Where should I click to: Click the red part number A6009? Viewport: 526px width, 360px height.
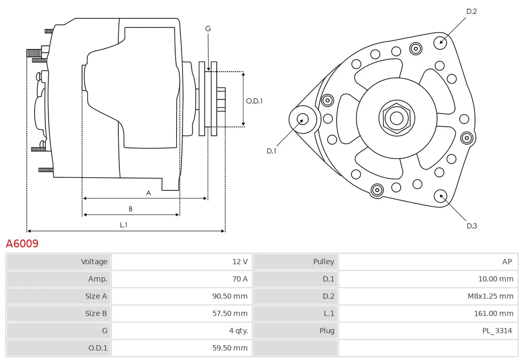point(22,244)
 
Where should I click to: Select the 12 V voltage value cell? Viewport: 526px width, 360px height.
point(239,262)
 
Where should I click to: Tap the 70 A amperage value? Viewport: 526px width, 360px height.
point(239,279)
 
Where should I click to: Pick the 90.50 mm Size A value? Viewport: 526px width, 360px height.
point(229,296)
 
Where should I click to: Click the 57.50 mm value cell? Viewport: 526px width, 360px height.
point(229,314)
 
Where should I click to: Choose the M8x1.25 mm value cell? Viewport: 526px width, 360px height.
point(490,296)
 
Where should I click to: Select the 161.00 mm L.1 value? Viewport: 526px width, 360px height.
point(493,314)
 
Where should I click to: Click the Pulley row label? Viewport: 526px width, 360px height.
point(323,262)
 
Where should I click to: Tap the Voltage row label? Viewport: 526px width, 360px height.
point(94,262)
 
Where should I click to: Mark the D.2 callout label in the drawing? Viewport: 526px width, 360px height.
point(471,11)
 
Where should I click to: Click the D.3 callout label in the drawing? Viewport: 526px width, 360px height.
point(472,226)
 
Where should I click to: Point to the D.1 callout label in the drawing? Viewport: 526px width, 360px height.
point(271,151)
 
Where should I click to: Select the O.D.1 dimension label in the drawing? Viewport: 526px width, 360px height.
point(254,101)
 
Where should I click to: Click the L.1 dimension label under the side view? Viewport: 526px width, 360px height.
point(124,225)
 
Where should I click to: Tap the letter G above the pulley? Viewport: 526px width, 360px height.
point(208,29)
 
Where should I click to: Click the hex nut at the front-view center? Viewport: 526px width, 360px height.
point(396,118)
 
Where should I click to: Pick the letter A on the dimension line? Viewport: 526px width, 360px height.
point(148,193)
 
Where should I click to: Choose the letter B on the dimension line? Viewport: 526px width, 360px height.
point(130,209)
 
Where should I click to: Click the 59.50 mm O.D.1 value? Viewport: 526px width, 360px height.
point(229,348)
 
